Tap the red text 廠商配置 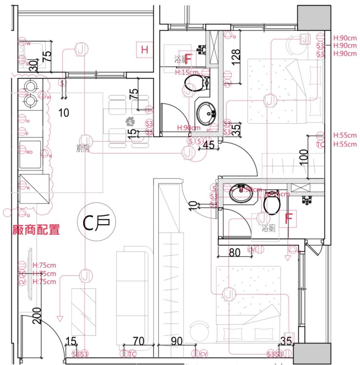click(x=36, y=230)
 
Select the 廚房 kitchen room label click(x=83, y=149)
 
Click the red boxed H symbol click(x=144, y=49)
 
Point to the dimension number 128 click(x=236, y=57)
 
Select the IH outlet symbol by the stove click(x=43, y=95)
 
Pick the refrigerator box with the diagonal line click(x=34, y=189)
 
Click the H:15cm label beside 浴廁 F click(x=186, y=72)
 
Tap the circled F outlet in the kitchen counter click(x=22, y=134)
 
